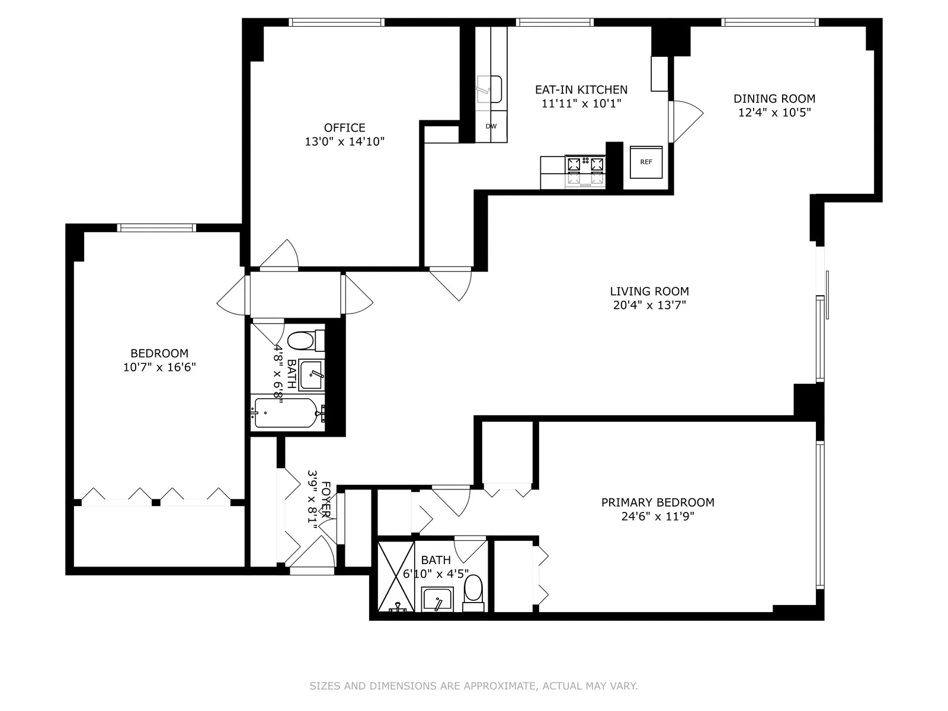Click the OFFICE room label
tap(344, 128)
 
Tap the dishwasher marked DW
tap(491, 126)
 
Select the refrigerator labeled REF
tap(646, 162)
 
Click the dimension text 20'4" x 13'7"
tap(649, 306)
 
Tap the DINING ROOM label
tap(774, 99)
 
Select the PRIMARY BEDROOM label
tap(658, 502)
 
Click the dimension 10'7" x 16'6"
tap(159, 367)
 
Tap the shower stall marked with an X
tap(396, 576)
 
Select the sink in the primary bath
tap(437, 600)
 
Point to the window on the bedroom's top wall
tap(156, 228)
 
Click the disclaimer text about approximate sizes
tap(473, 686)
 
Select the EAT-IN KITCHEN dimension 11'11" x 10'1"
tap(581, 104)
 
